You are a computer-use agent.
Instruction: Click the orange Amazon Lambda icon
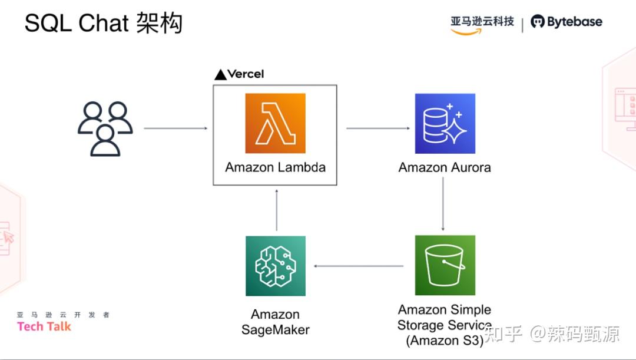pos(275,123)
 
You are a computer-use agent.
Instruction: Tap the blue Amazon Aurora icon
pos(445,123)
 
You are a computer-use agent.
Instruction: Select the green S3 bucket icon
pos(445,265)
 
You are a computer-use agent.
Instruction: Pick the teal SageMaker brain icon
pos(275,266)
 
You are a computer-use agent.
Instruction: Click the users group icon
pos(105,128)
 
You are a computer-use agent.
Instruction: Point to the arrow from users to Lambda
pos(175,128)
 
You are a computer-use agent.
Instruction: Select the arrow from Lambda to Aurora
pos(377,128)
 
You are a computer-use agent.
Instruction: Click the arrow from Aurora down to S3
pos(443,204)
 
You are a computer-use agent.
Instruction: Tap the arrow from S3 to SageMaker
pos(359,266)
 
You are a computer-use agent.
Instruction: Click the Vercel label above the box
pos(239,74)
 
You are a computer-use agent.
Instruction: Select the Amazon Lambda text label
pos(275,167)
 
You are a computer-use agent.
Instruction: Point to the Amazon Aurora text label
pos(445,167)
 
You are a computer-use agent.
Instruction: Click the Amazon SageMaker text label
pos(275,322)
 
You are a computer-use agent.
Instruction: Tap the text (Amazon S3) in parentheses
pos(445,341)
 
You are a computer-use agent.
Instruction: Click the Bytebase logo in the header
pos(567,22)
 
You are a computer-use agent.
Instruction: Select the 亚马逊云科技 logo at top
pos(482,24)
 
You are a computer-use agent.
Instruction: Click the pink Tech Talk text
pos(44,326)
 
